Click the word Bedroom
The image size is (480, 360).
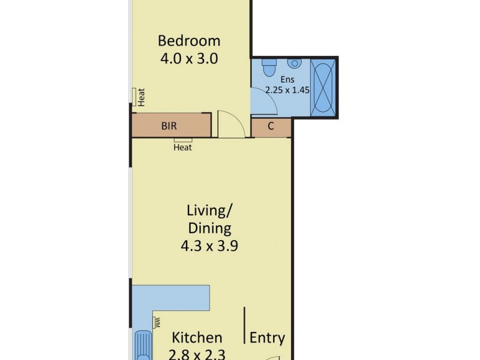(x=189, y=41)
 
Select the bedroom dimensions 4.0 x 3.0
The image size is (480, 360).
(x=189, y=59)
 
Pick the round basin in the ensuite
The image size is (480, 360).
(x=294, y=64)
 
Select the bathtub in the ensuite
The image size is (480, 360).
(x=323, y=86)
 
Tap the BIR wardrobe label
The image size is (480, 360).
(x=169, y=126)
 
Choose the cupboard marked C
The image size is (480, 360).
(x=271, y=126)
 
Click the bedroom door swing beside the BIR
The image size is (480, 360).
(x=231, y=124)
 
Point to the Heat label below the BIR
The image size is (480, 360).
(x=183, y=147)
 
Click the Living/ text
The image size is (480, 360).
(x=209, y=211)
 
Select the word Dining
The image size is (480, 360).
(x=209, y=228)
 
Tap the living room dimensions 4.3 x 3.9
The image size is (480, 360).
(x=209, y=245)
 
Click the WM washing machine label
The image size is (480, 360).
(x=157, y=322)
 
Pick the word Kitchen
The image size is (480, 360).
(x=197, y=338)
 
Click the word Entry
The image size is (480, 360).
(x=267, y=338)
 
